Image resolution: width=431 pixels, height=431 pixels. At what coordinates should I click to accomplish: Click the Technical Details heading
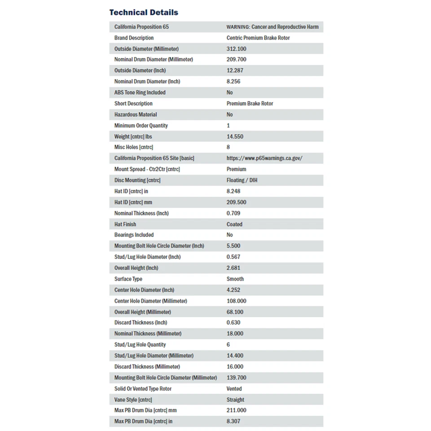144,13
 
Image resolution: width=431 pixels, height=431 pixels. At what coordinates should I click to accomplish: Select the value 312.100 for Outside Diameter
237,49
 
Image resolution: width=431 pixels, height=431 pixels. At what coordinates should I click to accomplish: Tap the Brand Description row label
134,38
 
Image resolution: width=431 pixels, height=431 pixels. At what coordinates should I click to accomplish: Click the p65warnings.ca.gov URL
264,158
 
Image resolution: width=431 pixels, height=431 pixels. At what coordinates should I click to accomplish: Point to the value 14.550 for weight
235,136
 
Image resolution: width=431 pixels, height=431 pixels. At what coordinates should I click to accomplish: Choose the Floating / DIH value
242,180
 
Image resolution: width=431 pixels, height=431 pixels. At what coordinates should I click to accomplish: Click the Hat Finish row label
125,224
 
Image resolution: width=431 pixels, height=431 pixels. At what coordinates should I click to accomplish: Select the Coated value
234,224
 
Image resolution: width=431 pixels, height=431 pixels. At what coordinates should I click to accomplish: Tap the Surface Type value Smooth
235,279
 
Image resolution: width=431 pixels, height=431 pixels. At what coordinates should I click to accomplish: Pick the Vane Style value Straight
235,400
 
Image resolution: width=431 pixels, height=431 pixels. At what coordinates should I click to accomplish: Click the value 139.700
237,378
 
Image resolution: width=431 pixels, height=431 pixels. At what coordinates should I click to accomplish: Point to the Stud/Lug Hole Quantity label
140,345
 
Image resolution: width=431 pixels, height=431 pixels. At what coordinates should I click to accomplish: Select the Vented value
234,389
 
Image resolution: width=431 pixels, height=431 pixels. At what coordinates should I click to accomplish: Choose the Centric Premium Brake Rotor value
258,38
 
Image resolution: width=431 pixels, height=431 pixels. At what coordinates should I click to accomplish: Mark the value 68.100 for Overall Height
237,312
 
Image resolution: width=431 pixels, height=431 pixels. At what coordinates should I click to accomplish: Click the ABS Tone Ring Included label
140,92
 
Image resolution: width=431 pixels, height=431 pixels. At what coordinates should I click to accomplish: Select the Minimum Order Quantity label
141,126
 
